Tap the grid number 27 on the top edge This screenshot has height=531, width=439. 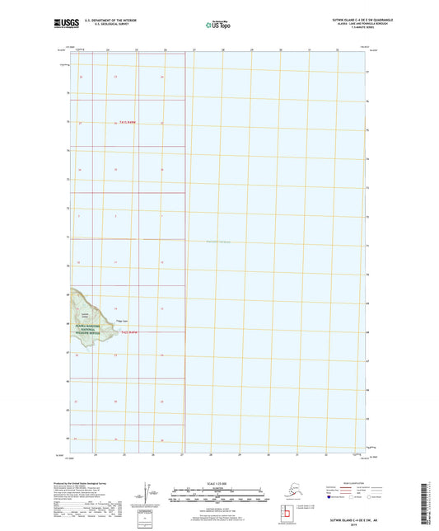point(194,50)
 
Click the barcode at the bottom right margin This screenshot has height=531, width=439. point(432,503)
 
